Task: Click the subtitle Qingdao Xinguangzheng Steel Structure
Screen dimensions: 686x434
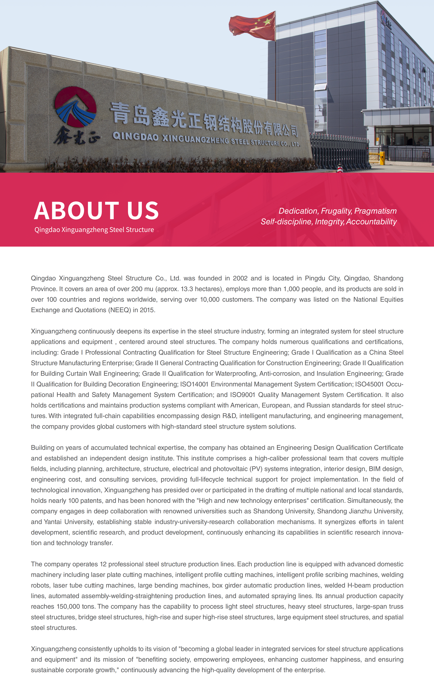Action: click(94, 230)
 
